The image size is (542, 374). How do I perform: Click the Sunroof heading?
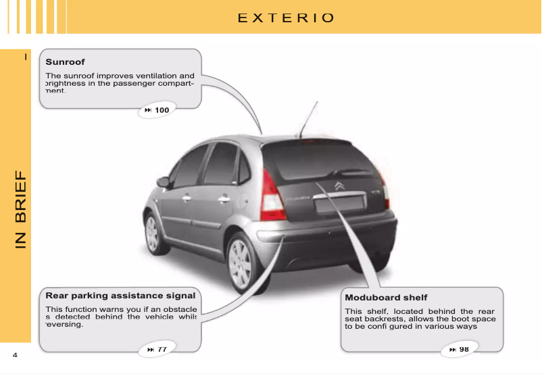click(x=65, y=62)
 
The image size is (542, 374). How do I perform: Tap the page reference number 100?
click(x=162, y=109)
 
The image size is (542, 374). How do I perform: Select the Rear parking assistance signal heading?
click(x=120, y=296)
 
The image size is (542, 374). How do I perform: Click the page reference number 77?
click(x=162, y=349)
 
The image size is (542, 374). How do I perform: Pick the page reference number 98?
click(x=464, y=349)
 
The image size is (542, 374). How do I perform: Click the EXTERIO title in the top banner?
click(x=286, y=18)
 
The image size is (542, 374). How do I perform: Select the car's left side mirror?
click(x=163, y=182)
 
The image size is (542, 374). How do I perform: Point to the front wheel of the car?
click(x=152, y=233)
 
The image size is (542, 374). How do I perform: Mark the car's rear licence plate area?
click(x=345, y=204)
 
